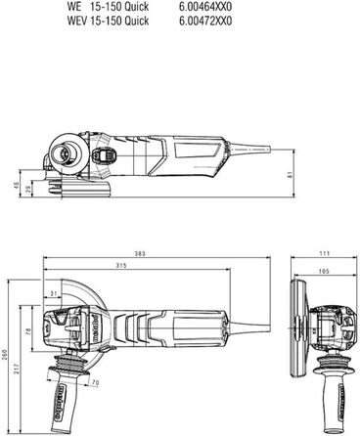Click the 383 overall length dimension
click(140, 253)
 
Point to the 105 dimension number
click(324, 270)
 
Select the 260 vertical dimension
click(5, 358)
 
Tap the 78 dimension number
click(27, 332)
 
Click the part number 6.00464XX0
click(205, 6)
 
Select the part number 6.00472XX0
click(205, 20)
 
